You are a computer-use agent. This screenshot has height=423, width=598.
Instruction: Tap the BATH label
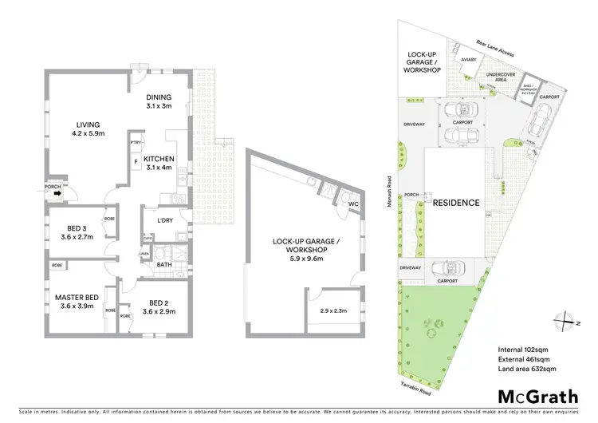[165, 264]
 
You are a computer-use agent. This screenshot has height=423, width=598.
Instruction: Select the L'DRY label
[165, 220]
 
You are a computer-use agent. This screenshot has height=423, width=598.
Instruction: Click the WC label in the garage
[352, 204]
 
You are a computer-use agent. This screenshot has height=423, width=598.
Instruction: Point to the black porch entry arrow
[66, 190]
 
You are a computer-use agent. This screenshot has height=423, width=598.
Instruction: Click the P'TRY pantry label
[136, 142]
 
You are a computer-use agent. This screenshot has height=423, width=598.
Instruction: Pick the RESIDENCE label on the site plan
[456, 203]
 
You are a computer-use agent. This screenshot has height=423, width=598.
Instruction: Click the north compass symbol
[565, 319]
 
